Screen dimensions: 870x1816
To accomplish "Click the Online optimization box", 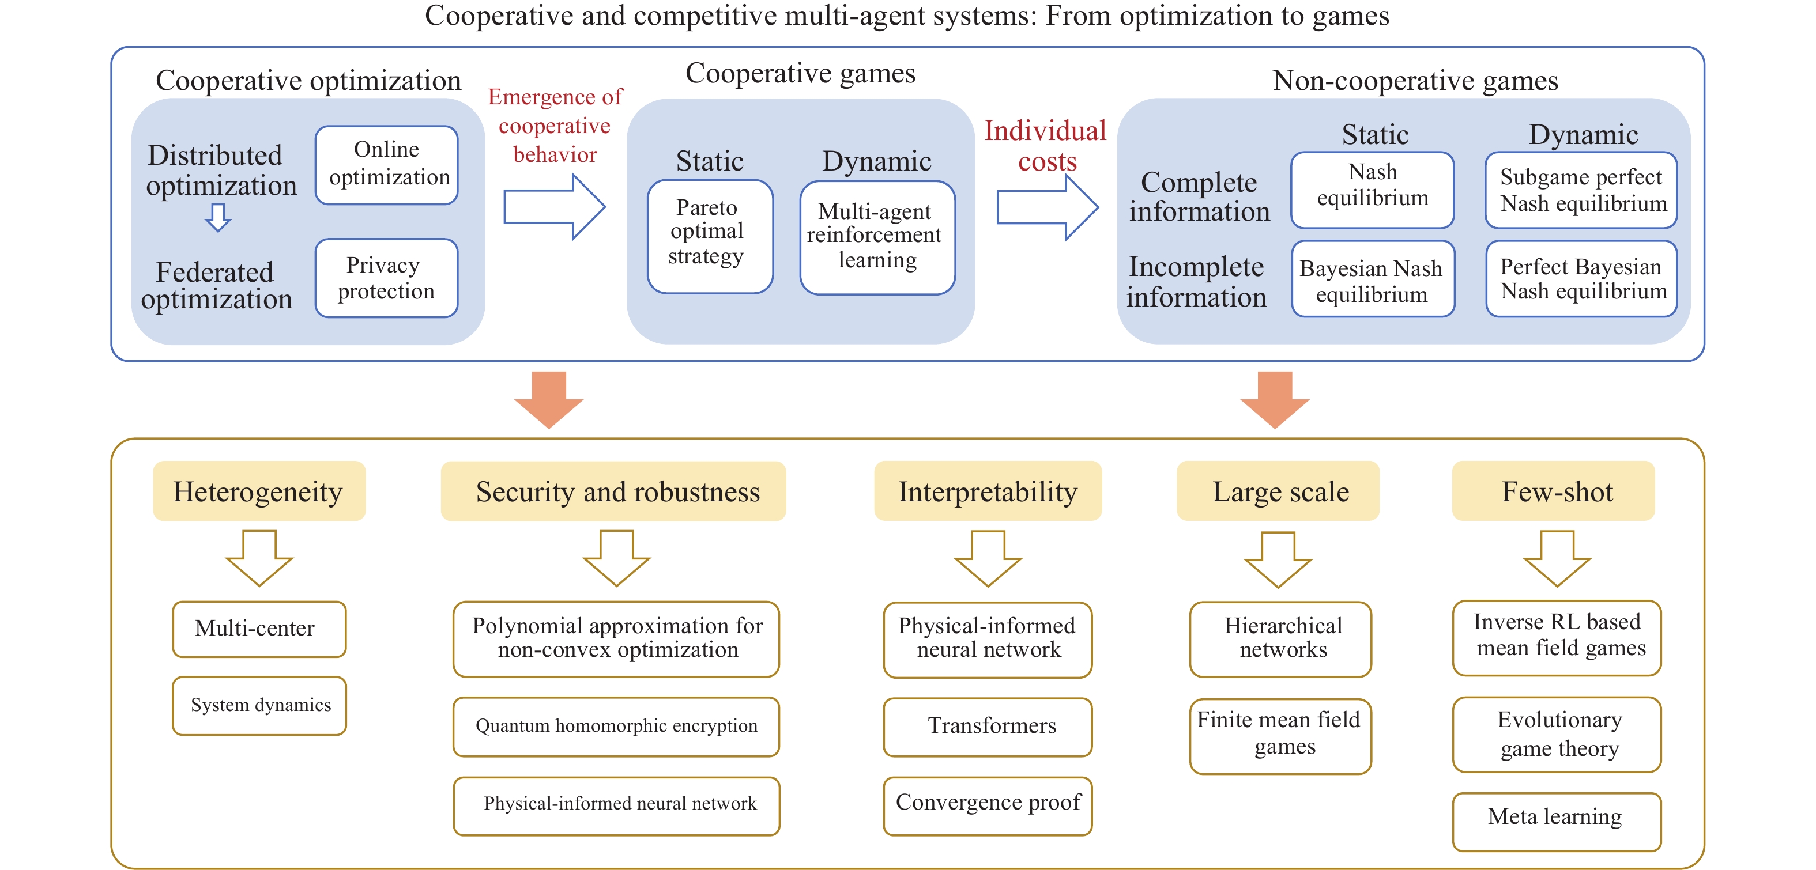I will click(x=386, y=165).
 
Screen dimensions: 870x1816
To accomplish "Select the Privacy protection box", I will click(x=386, y=278).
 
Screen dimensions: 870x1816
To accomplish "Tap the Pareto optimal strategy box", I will click(x=710, y=236).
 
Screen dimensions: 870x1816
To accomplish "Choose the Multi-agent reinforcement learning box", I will click(x=877, y=237).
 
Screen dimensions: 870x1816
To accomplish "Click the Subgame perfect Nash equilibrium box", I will click(x=1581, y=190).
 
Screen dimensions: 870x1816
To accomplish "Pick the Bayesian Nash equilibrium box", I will click(x=1372, y=279).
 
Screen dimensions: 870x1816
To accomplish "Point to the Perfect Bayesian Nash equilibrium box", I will click(x=1581, y=279).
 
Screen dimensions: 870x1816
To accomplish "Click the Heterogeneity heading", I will click(x=259, y=491).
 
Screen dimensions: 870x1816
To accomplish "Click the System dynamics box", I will click(x=259, y=705).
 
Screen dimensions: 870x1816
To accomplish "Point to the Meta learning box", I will click(x=1556, y=820).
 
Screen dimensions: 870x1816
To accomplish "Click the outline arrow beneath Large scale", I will click(x=1278, y=559).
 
